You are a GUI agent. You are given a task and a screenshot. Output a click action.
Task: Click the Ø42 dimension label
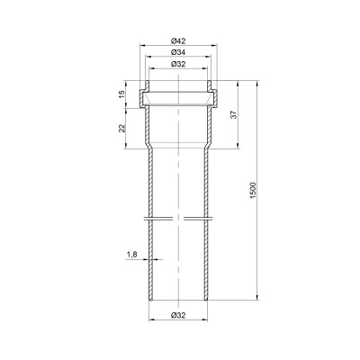(x=178, y=40)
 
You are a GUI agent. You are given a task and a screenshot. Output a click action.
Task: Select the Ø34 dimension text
(x=178, y=52)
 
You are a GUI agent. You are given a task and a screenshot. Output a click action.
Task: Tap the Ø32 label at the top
(x=178, y=64)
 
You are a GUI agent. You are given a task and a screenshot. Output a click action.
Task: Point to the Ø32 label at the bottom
(x=178, y=315)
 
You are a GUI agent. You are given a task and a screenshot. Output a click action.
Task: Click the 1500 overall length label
(x=253, y=190)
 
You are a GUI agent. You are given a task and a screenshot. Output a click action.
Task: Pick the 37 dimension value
(x=234, y=114)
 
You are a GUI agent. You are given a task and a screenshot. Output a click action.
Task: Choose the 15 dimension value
(x=121, y=94)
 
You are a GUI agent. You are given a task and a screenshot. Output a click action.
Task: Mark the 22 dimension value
(x=121, y=129)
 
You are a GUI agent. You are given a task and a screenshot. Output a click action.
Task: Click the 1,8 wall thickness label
(x=131, y=255)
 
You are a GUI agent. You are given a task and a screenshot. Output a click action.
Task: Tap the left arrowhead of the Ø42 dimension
(x=143, y=45)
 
